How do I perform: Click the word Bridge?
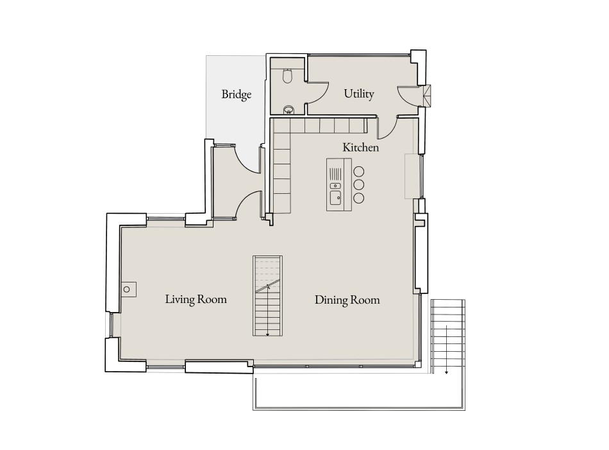[236, 94]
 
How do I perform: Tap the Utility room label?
[358, 94]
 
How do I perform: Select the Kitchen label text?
[360, 148]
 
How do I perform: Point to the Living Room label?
[196, 299]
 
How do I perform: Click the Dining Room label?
[347, 300]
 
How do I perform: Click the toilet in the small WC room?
[287, 76]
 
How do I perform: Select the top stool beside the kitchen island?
[359, 171]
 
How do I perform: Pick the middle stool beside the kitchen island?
[359, 184]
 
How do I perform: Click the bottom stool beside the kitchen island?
[359, 198]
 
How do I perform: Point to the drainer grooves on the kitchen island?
[337, 173]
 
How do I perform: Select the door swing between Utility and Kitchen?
[387, 129]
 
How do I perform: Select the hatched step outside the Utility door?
[427, 96]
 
